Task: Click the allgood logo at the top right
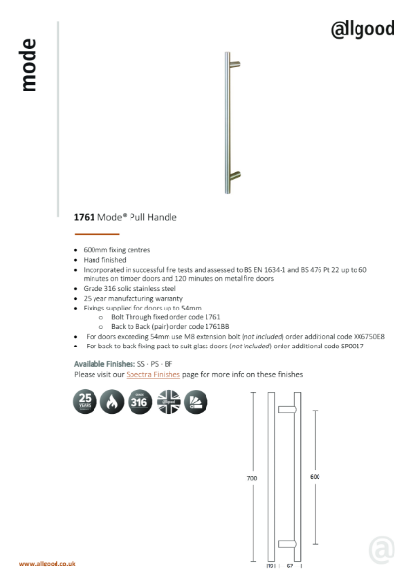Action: tap(362, 28)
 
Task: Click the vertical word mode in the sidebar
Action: tap(29, 65)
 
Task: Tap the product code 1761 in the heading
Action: tap(84, 220)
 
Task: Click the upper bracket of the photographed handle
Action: tap(234, 65)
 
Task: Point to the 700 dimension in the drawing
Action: tap(252, 479)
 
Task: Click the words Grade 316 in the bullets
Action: tap(98, 289)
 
